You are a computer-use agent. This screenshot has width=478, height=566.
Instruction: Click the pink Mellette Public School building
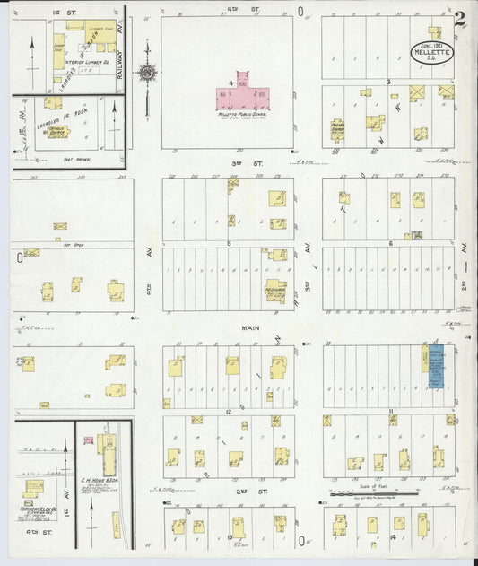[x=243, y=98]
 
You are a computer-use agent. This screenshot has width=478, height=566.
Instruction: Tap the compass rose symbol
[x=148, y=73]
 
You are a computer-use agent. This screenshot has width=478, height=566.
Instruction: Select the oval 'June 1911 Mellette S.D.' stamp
[x=432, y=52]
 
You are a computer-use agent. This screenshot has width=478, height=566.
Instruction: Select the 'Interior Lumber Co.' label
[x=74, y=62]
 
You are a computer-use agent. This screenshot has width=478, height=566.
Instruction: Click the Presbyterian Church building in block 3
[x=337, y=129]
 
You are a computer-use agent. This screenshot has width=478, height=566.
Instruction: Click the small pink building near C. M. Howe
[x=88, y=440]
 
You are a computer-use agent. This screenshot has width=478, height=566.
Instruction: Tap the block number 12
[x=230, y=409]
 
